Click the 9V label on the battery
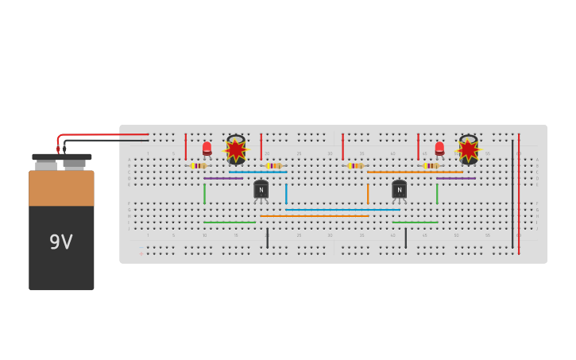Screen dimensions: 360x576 pos(61,242)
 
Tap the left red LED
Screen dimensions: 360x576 pos(207,148)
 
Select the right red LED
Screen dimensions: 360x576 pos(439,148)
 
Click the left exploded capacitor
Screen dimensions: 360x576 pos(236,149)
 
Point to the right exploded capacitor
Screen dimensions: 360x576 pos(468,149)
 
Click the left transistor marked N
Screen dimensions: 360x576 pos(261,189)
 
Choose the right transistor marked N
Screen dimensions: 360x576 pos(399,189)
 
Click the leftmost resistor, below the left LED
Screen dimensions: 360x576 pos(199,165)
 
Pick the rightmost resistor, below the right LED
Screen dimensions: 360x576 pos(431,165)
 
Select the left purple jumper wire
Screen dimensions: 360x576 pos(223,178)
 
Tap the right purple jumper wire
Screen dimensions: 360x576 pos(456,178)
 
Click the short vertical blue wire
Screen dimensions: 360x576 pos(286,194)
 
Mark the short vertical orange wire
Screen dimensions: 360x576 pos(368,194)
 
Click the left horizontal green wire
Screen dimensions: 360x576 pos(229,223)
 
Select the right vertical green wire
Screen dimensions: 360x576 pos(437,194)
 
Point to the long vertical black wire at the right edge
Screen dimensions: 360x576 pos(512,195)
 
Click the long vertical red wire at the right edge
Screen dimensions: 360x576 pos(519,195)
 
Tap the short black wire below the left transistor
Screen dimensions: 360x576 pos(267,238)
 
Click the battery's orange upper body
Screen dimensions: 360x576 pos(61,188)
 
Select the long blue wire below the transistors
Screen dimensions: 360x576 pos(342,210)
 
